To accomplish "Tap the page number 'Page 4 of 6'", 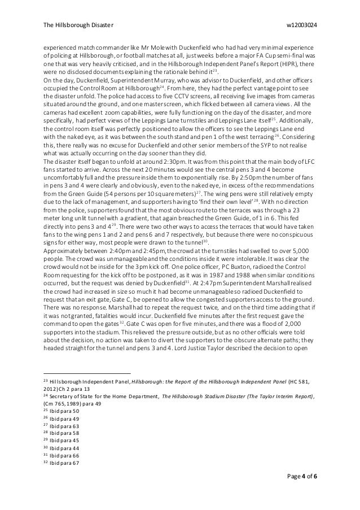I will tap(301, 492).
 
